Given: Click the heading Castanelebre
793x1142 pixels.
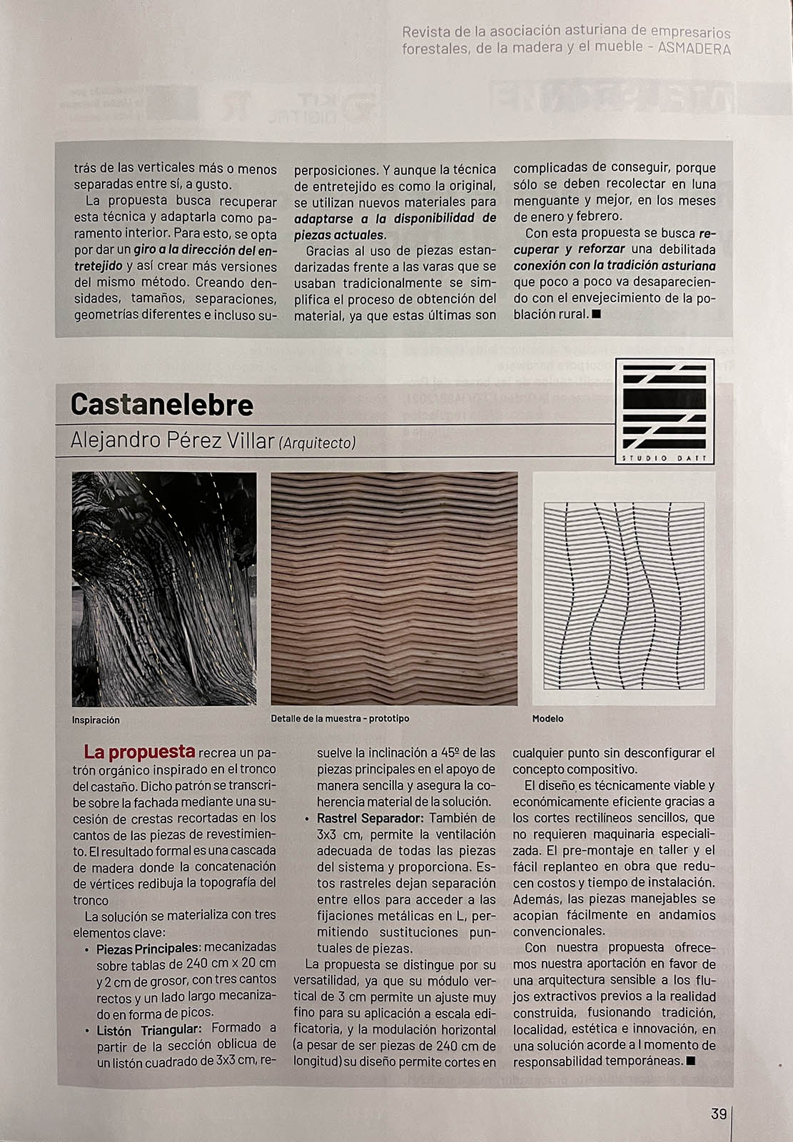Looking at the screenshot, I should [162, 405].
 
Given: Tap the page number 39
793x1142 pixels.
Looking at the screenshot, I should [718, 1113].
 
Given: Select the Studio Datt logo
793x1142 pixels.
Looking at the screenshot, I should [665, 410].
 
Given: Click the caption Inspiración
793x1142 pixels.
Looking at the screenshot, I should [96, 720].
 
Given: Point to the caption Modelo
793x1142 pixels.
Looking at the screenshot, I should [547, 719].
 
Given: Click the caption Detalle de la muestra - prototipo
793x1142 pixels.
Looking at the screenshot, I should [340, 719].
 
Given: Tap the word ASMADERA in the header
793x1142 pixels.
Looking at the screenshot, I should [694, 49].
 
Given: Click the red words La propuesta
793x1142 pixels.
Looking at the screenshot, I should [139, 752].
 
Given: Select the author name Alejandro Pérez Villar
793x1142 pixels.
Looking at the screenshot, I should [172, 440].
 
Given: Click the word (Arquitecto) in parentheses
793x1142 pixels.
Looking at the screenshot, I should [317, 443].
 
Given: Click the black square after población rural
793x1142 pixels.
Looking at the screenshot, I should [597, 314].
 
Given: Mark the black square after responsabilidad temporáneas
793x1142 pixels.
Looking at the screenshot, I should [690, 1061].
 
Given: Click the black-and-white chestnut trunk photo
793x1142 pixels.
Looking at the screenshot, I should [164, 589].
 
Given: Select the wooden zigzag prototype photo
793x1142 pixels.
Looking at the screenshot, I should [394, 589].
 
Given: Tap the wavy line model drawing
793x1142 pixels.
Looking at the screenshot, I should [624, 589].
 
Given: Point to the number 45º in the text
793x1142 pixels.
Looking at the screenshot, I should [450, 753].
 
